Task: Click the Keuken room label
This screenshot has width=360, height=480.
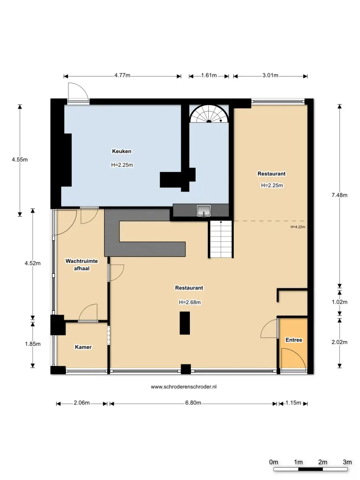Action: tap(121, 151)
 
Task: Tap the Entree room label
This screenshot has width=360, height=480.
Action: tap(294, 340)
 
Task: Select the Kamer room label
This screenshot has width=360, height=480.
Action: tap(83, 347)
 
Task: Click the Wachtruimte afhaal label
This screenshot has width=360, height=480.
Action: tap(82, 265)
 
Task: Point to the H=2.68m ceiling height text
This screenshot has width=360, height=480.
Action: tap(190, 302)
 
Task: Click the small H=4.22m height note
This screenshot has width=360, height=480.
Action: tap(298, 227)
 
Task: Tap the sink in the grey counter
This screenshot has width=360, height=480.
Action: tap(204, 211)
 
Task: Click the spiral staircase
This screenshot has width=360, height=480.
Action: tap(209, 113)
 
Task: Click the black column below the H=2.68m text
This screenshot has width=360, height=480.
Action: tap(185, 323)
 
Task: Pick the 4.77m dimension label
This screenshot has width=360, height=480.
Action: tap(123, 75)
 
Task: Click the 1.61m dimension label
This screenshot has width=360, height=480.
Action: tap(209, 75)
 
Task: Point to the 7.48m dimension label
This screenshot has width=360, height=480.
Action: tap(339, 195)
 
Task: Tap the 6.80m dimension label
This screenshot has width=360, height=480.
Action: tap(193, 403)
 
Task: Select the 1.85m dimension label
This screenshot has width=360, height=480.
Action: tap(33, 344)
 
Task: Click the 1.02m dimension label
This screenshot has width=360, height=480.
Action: tap(339, 302)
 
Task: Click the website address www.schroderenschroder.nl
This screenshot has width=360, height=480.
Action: tap(184, 387)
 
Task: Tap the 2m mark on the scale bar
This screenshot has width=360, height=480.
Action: tap(323, 462)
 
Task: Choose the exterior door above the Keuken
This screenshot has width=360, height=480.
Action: tap(78, 92)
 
